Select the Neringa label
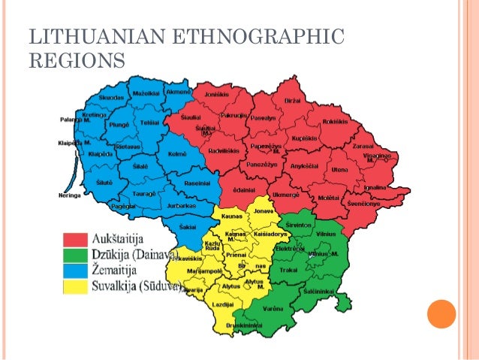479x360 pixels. pyautogui.click(x=69, y=195)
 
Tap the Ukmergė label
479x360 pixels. pyautogui.click(x=288, y=195)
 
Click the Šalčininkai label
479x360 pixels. pyautogui.click(x=322, y=292)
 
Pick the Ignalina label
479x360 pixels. pyautogui.click(x=377, y=186)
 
